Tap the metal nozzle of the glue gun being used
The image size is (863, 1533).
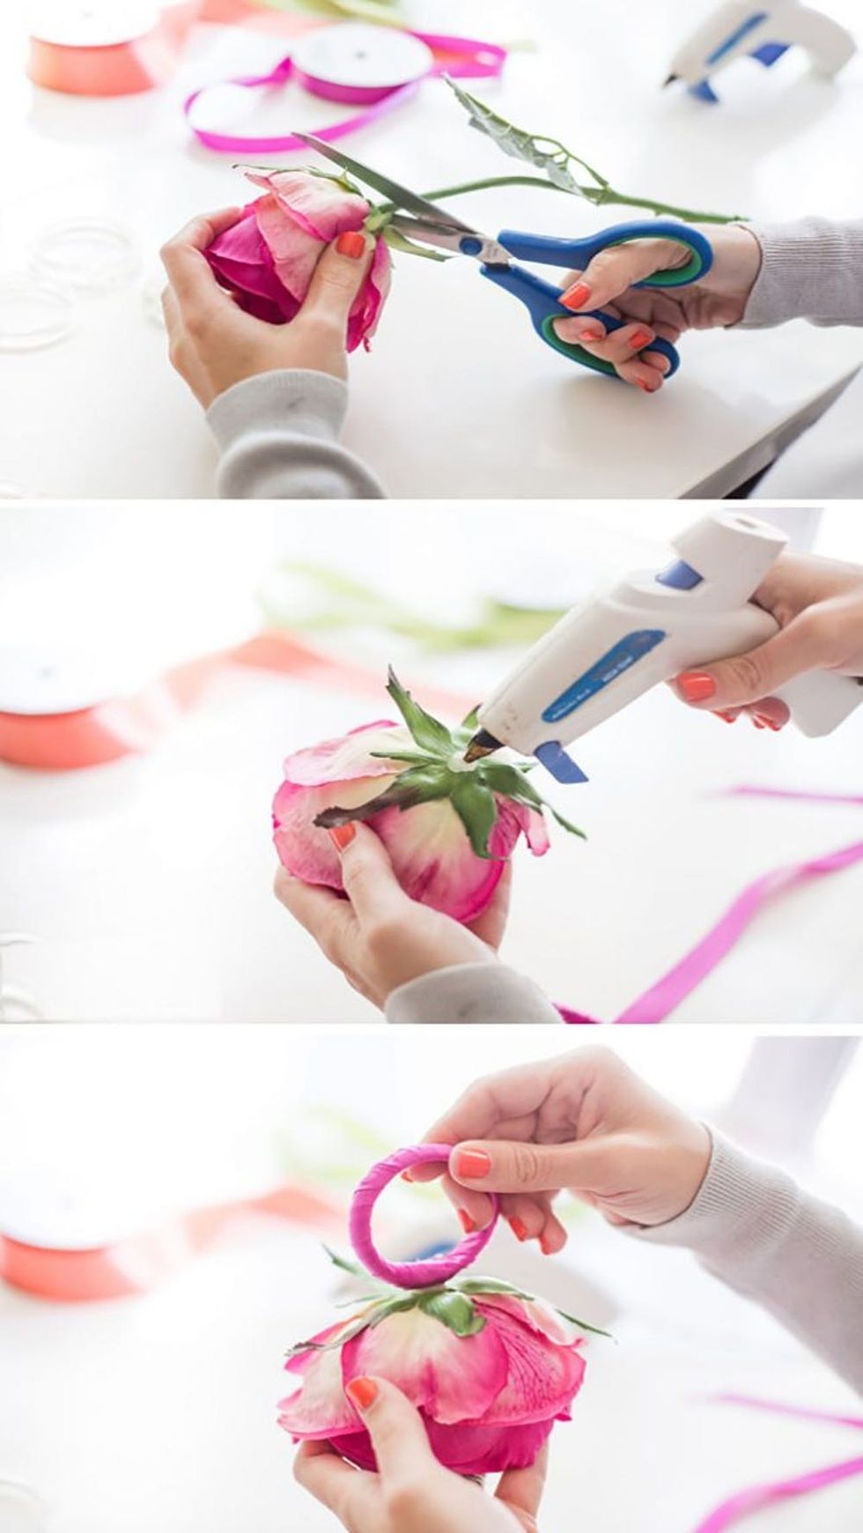(x=480, y=749)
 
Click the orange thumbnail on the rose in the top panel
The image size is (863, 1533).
(x=350, y=243)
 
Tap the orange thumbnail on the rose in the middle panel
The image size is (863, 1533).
(x=343, y=835)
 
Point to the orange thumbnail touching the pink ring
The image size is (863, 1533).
(x=472, y=1163)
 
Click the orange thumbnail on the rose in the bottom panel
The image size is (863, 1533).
(x=362, y=1392)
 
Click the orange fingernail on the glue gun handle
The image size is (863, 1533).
(x=696, y=686)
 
